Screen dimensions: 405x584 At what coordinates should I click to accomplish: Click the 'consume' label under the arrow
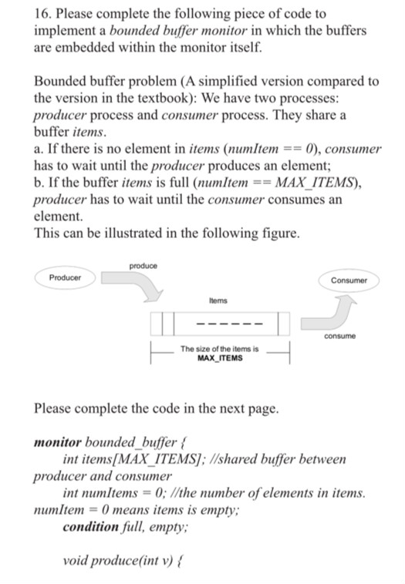point(339,336)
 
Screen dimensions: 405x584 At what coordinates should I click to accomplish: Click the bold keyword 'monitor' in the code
point(59,445)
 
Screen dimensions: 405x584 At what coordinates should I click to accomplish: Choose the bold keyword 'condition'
point(92,528)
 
